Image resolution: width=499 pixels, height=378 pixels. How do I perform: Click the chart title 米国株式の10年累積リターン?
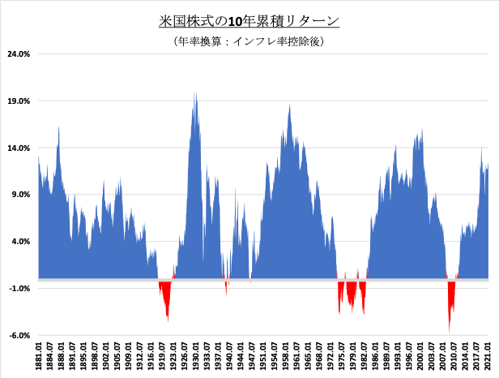(x=249, y=21)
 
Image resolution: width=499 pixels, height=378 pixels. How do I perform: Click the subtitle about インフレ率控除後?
(x=249, y=41)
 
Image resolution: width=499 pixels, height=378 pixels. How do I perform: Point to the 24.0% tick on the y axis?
(x=19, y=54)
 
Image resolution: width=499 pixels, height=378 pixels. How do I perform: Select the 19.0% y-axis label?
(x=19, y=101)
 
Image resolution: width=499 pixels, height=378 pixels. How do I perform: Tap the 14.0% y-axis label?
(x=19, y=148)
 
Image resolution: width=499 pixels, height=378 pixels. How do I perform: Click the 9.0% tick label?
(x=20, y=195)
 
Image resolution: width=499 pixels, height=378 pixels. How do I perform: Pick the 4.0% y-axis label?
(x=20, y=242)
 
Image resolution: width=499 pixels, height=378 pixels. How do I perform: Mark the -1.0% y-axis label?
(x=19, y=289)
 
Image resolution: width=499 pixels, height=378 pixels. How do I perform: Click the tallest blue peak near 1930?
(x=194, y=96)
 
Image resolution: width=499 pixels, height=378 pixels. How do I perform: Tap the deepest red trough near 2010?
(x=449, y=329)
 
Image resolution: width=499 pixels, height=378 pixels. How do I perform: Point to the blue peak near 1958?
(x=289, y=106)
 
